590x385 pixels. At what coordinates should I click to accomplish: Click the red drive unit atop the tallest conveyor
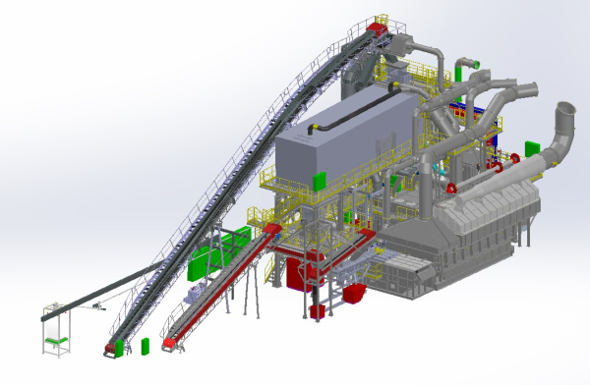[377, 28]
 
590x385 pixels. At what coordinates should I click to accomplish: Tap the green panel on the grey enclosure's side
[319, 180]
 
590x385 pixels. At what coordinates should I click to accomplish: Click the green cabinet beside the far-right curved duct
[532, 148]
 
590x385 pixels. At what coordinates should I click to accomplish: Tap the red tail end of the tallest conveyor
[111, 347]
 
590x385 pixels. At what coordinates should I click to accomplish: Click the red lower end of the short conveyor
[169, 344]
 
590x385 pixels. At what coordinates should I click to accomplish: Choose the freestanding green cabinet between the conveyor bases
[147, 346]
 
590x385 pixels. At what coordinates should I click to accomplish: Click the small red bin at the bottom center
[317, 312]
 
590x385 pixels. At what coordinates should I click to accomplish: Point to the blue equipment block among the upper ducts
[460, 103]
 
